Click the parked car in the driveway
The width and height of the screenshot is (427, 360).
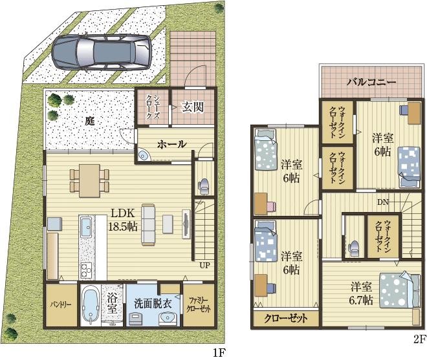pyautogui.click(x=102, y=52)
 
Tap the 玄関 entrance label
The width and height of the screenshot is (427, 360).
pyautogui.click(x=193, y=107)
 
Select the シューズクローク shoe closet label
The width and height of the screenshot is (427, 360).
pyautogui.click(x=153, y=107)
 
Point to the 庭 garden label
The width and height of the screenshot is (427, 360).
pyautogui.click(x=89, y=121)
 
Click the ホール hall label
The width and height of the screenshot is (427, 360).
pyautogui.click(x=172, y=144)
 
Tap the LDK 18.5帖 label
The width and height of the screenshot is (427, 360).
pyautogui.click(x=123, y=220)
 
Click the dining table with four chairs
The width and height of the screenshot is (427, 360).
pyautogui.click(x=89, y=180)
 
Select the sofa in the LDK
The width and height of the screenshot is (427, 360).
pyautogui.click(x=148, y=224)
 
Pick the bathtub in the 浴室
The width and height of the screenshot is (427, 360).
pyautogui.click(x=91, y=304)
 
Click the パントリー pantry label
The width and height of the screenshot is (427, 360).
pyautogui.click(x=61, y=304)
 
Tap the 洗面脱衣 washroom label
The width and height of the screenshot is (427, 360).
pyautogui.click(x=153, y=304)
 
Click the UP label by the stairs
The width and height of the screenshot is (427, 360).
pyautogui.click(x=204, y=265)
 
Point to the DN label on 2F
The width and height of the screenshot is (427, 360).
pyautogui.click(x=383, y=202)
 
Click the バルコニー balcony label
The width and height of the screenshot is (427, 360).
pyautogui.click(x=371, y=82)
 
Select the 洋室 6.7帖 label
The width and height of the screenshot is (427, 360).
pyautogui.click(x=362, y=293)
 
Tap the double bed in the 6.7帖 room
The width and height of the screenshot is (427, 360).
pyautogui.click(x=400, y=291)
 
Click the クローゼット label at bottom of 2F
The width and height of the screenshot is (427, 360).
pyautogui.click(x=286, y=318)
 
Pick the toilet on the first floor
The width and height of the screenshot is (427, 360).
pyautogui.click(x=203, y=186)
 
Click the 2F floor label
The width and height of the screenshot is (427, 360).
pyautogui.click(x=419, y=339)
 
